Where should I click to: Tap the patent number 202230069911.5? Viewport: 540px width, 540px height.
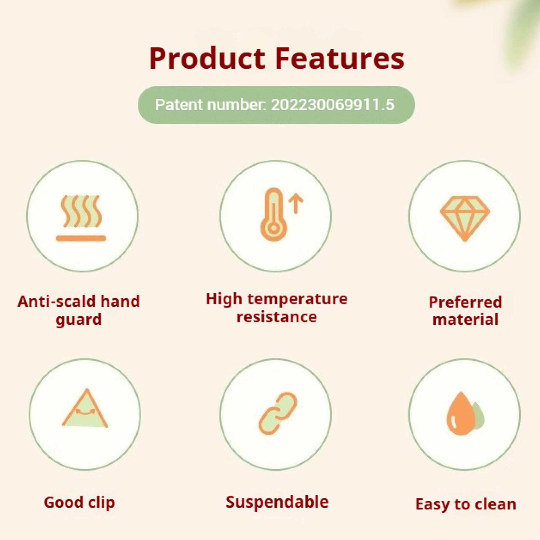[x=333, y=105]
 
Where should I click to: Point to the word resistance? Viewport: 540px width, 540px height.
[x=277, y=317]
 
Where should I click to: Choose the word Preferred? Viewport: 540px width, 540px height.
[x=465, y=302]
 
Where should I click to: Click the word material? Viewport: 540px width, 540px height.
[x=465, y=319]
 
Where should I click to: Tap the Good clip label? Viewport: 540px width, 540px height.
[x=79, y=503]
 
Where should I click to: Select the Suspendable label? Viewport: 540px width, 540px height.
[x=277, y=502]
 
